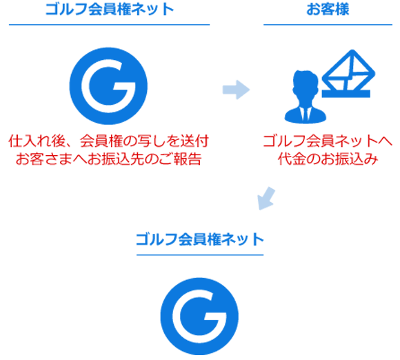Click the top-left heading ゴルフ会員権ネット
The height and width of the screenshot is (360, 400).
point(110,9)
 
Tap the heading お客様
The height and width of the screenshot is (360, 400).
point(328,9)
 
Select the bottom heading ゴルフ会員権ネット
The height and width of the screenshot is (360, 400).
point(200,239)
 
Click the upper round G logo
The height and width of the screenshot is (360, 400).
point(108,86)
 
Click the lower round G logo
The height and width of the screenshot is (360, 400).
point(199,317)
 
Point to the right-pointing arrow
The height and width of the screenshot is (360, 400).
point(236,90)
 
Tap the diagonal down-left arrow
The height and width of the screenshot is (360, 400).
point(266,199)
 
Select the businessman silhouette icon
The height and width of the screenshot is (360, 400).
point(306,97)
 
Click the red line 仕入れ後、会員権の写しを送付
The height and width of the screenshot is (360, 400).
point(109,141)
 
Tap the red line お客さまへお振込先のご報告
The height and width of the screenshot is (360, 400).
point(109,159)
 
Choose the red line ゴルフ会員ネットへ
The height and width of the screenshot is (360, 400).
point(328,141)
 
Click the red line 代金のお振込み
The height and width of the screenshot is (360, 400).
point(328,159)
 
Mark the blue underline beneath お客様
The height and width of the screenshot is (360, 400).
point(328,25)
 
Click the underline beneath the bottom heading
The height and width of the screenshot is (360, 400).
point(200,254)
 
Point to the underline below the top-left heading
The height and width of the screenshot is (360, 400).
point(109,25)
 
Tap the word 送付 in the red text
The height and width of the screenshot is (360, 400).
point(194,141)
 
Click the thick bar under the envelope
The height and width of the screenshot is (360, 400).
point(346,94)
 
